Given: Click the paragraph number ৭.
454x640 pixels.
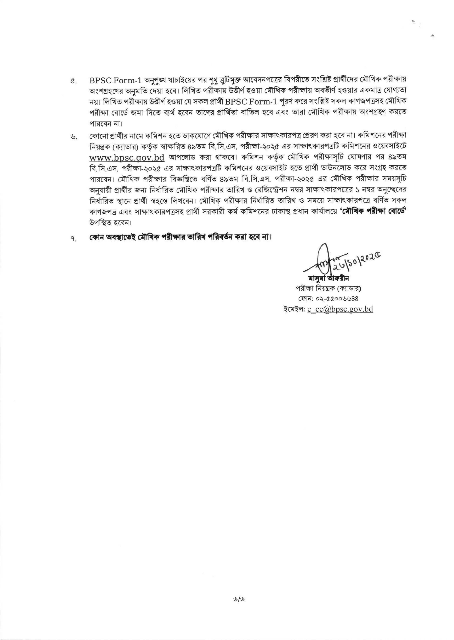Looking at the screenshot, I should tap(73, 239).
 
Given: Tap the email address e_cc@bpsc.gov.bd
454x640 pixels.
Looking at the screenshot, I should tap(340, 309).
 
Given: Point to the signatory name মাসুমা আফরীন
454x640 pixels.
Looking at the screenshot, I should tap(328, 278).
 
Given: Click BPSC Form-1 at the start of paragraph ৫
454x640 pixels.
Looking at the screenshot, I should tap(116, 81).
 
